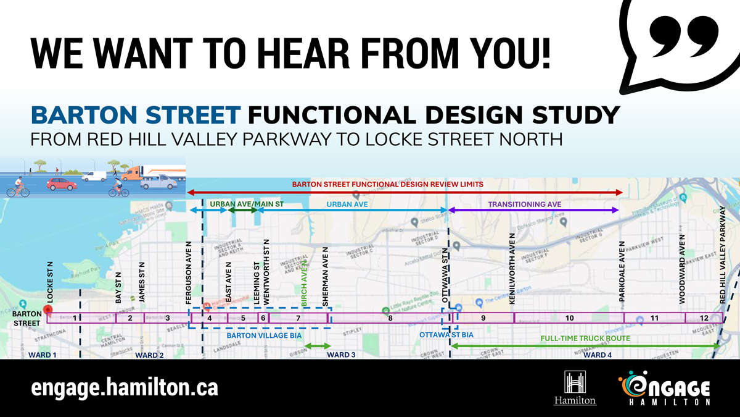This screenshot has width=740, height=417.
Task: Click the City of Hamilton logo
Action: [575, 388]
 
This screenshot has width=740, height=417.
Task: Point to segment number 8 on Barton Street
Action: [390, 318]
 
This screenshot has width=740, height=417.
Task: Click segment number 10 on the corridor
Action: [569, 318]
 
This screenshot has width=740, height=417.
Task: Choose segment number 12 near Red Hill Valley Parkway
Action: [704, 318]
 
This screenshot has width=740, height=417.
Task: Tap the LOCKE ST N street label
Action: [51, 282]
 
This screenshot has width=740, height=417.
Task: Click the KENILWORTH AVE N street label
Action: [512, 268]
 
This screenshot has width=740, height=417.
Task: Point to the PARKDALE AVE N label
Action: [622, 272]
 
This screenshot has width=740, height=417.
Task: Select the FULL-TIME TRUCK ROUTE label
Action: [585, 339]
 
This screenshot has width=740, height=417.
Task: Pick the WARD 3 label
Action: [341, 355]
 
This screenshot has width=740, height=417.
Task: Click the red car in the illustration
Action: [62, 183]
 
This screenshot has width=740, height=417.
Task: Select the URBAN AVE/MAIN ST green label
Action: [247, 203]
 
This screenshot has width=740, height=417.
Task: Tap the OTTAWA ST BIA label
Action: [446, 334]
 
